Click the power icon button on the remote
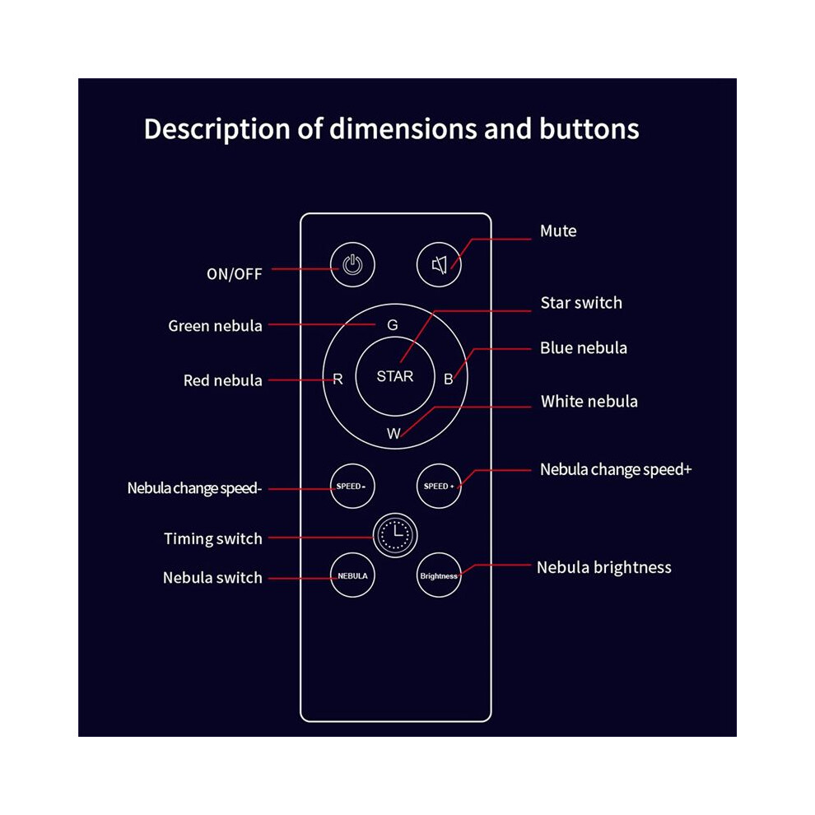352,264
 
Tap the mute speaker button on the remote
440,264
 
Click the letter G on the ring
393,325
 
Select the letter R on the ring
338,380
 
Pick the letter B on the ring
448,380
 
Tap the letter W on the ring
394,434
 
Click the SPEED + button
440,486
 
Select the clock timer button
395,535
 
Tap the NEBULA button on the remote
352,575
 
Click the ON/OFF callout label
235,274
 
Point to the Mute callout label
558,231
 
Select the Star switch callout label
581,302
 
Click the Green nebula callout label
215,326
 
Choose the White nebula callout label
589,401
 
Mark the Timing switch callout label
213,539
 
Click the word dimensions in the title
404,128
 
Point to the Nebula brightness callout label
604,567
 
